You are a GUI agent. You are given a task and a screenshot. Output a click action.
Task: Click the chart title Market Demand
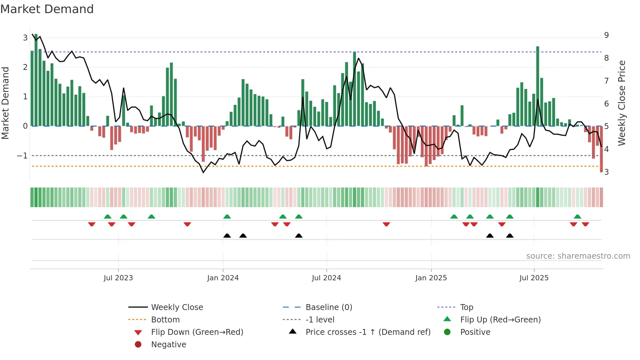47,9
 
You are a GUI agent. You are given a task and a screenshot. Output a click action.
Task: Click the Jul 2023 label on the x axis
118,278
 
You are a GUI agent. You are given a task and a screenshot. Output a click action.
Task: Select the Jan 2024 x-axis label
223,278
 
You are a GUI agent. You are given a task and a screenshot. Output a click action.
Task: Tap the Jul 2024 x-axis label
327,278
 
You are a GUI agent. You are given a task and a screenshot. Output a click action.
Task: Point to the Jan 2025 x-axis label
431,278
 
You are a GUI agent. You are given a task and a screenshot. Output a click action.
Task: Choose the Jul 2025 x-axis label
534,278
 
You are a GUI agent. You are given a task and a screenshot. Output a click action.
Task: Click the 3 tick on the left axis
25,38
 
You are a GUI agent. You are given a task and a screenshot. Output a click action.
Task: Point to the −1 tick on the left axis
22,156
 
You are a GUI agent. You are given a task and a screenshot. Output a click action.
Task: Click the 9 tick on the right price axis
606,35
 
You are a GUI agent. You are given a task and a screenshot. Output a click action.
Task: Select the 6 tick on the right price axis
606,104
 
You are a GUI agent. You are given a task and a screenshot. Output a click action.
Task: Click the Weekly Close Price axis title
622,103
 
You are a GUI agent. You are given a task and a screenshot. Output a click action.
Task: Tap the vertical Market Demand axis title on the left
6,103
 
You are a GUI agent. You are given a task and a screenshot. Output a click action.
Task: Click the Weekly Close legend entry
177,307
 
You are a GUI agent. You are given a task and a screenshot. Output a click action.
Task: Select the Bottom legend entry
165,320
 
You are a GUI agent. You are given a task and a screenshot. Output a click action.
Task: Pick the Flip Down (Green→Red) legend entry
197,332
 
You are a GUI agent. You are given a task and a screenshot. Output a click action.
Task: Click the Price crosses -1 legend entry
368,332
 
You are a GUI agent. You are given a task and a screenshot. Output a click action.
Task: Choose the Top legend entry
467,307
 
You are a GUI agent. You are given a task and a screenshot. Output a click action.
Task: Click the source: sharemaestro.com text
578,256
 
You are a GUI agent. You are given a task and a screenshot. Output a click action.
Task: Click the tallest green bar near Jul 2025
537,85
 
